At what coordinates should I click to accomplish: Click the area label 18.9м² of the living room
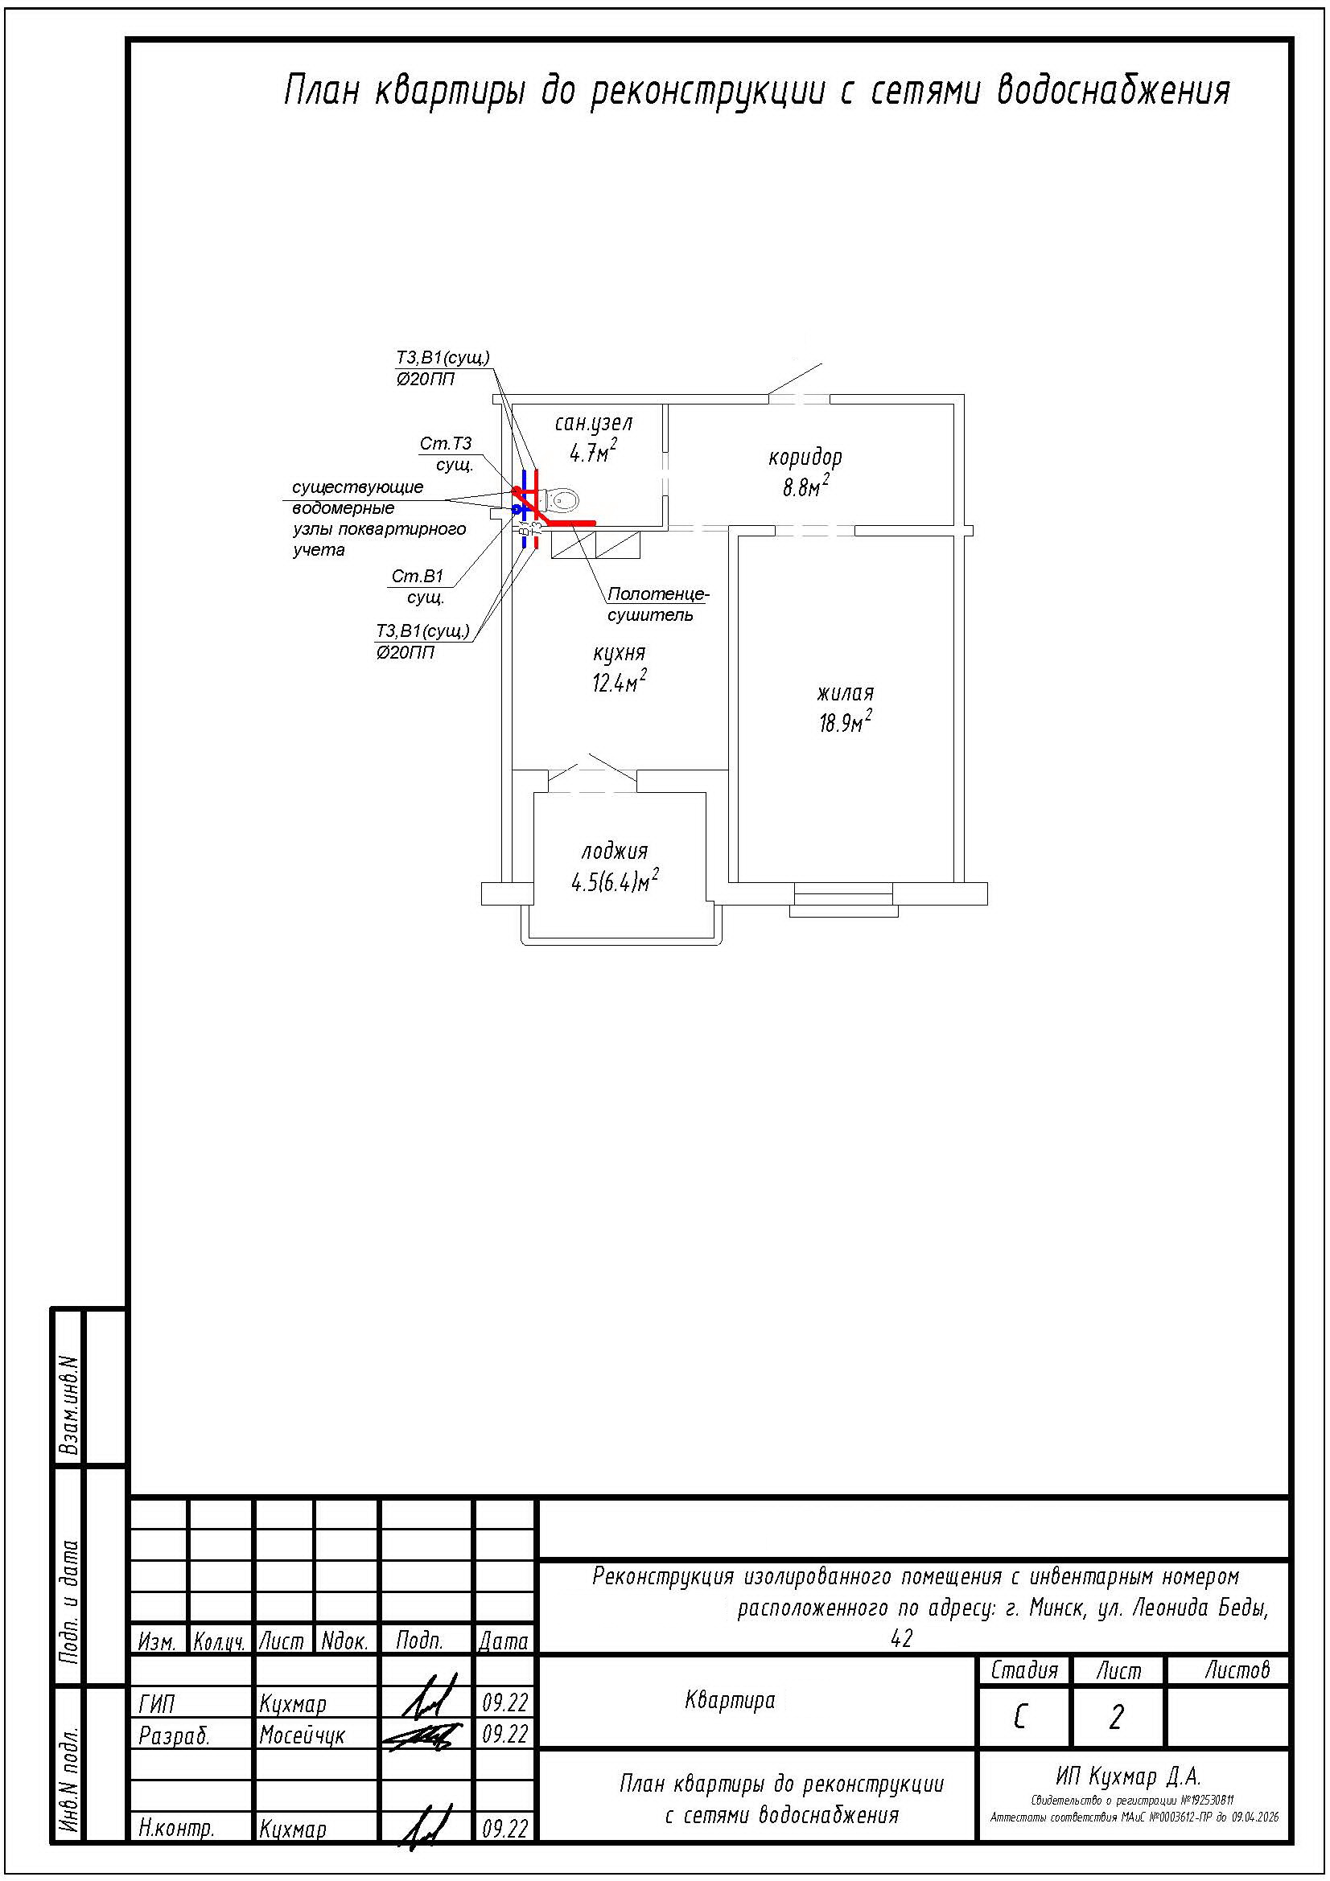(845, 721)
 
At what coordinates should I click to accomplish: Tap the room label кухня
(619, 653)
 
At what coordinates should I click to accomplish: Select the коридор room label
(805, 456)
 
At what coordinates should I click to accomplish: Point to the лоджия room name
(615, 850)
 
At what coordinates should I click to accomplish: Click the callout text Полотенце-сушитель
(658, 604)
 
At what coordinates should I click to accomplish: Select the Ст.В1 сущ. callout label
(419, 586)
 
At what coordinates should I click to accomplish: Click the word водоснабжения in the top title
(1113, 90)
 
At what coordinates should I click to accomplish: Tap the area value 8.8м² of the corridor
(805, 487)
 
